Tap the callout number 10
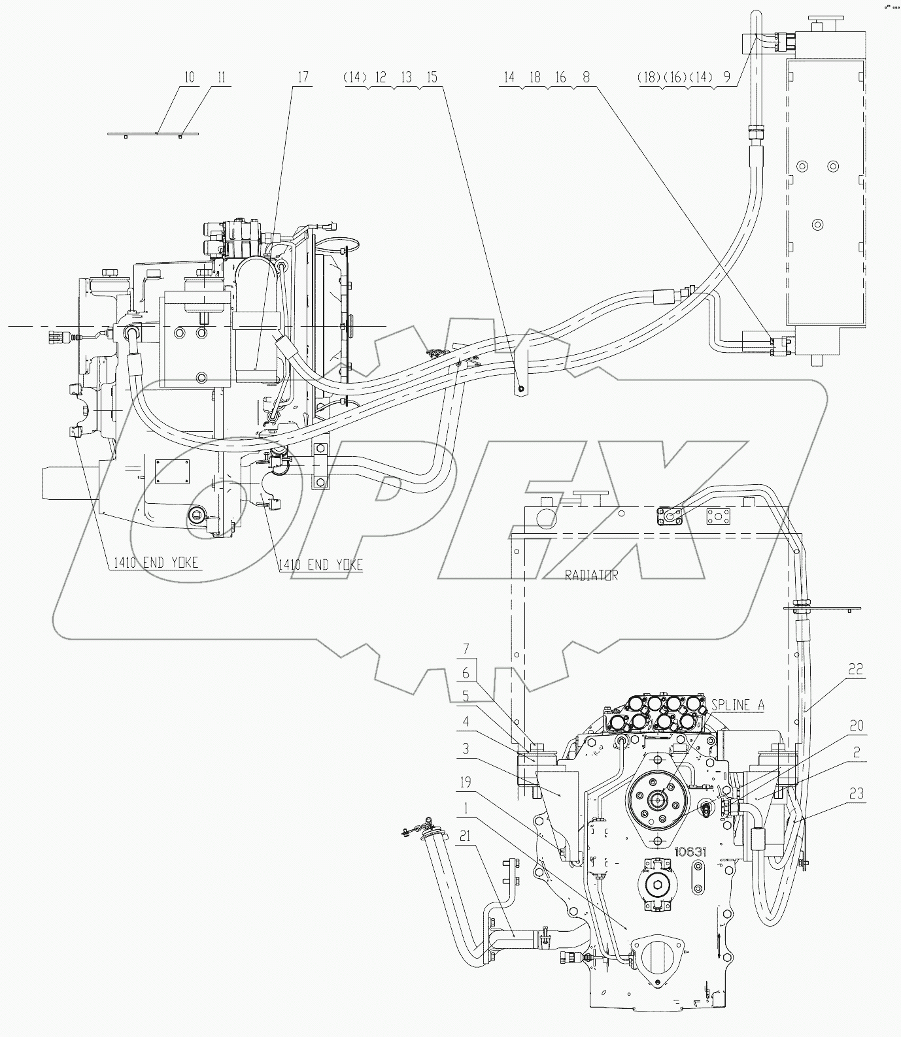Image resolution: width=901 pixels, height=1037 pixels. click(x=189, y=77)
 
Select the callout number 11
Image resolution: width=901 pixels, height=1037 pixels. click(x=221, y=77)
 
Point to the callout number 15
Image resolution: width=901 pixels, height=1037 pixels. click(x=431, y=77)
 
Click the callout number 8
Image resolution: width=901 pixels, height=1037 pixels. click(x=586, y=77)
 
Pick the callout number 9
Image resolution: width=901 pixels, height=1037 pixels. click(x=726, y=77)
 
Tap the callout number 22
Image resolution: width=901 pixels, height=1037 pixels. click(x=856, y=668)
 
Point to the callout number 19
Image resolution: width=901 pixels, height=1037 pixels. click(x=465, y=782)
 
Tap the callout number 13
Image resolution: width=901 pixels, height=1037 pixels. click(x=406, y=77)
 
